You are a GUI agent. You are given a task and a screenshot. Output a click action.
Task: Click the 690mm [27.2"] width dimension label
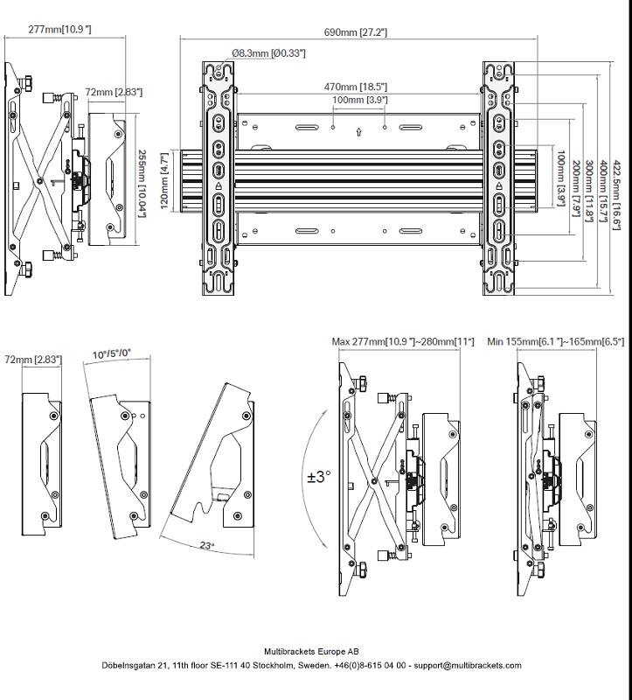[x=356, y=32]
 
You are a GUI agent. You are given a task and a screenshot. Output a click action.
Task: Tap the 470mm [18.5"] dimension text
[x=356, y=87]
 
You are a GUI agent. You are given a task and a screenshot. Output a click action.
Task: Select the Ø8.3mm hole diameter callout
[x=269, y=54]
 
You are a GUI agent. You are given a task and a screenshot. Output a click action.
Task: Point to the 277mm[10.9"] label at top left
[x=60, y=30]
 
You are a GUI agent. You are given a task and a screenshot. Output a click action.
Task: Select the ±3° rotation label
[x=319, y=478]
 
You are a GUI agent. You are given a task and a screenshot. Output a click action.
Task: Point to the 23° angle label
[x=205, y=545]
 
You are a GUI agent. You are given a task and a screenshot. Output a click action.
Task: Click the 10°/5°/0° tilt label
[x=111, y=353]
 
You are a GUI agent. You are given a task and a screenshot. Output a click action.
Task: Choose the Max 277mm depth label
[x=403, y=341]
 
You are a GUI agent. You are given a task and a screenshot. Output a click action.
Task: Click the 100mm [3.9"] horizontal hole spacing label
[x=359, y=101]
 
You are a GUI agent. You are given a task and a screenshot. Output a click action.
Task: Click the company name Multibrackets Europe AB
[x=315, y=651]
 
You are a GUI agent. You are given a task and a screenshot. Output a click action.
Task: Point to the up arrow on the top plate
[x=359, y=133]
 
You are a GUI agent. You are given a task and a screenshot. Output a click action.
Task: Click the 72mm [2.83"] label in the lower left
[x=32, y=359]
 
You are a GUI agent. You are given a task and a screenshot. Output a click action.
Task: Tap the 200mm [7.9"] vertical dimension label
[x=575, y=188]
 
